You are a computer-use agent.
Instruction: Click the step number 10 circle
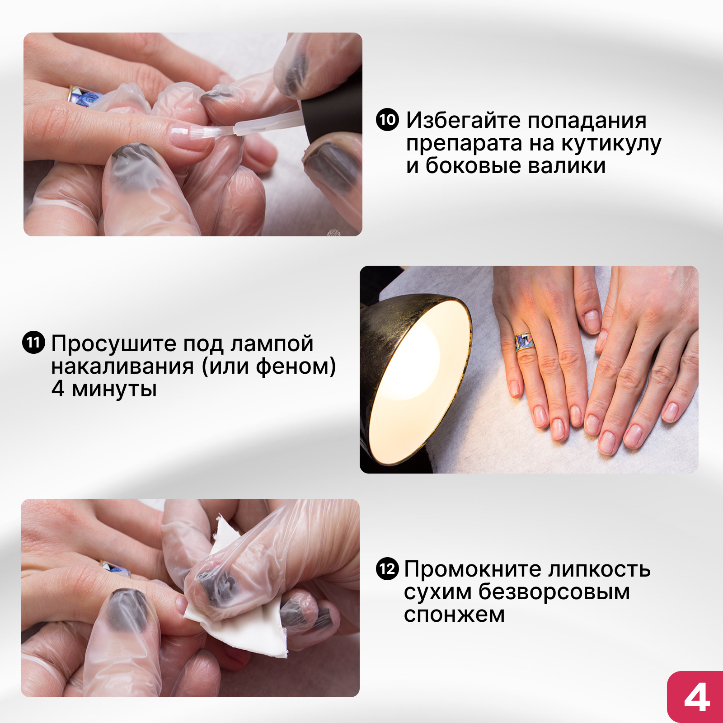[387, 120]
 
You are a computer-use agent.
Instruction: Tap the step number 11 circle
[34, 343]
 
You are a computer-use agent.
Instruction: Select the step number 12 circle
[387, 568]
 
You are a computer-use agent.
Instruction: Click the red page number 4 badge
[695, 697]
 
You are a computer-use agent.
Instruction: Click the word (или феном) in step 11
[269, 366]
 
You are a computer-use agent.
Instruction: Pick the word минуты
[114, 389]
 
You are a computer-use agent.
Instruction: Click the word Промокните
[472, 569]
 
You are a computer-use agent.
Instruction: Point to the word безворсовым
[554, 592]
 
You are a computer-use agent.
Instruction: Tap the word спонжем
[454, 615]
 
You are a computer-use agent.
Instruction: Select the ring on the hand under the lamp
[524, 342]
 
